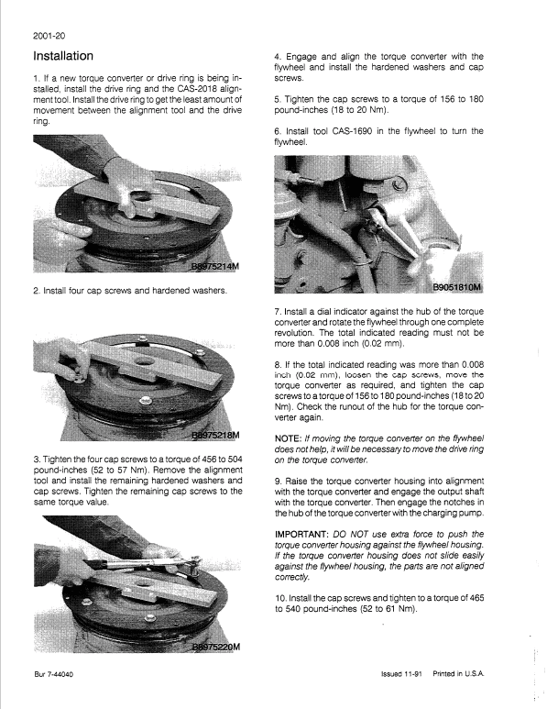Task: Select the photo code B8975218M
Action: [214, 434]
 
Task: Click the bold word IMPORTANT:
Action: [307, 533]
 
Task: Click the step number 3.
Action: [35, 460]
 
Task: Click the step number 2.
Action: [35, 293]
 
